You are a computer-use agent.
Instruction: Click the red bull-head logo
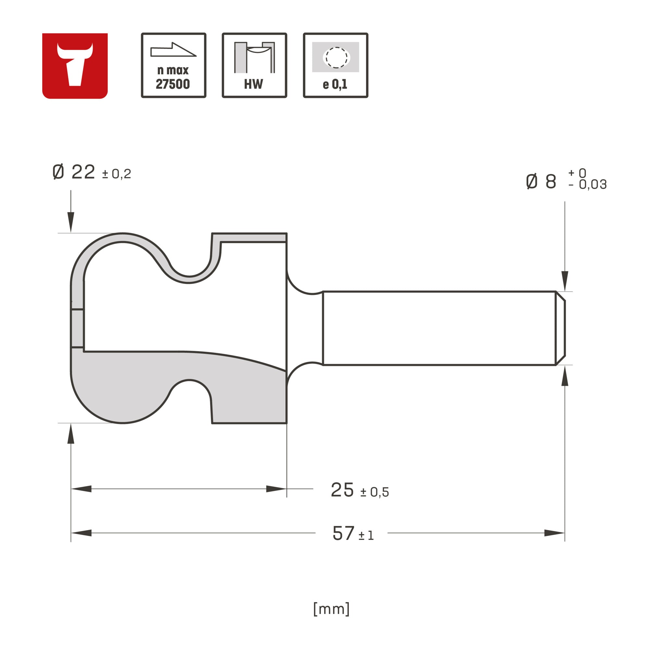pos(75,66)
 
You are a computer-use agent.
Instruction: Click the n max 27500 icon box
pos(173,65)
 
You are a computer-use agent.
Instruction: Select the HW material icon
pos(254,65)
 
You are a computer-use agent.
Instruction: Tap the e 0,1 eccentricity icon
pos(335,65)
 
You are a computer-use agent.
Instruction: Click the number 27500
pos(173,84)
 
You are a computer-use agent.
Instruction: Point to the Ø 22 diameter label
pos(74,172)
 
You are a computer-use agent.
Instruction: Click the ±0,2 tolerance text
pos(116,174)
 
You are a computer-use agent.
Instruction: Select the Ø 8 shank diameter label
pos(541,182)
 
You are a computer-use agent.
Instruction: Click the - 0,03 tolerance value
pos(588,184)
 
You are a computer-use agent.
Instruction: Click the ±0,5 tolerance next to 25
pos(374,493)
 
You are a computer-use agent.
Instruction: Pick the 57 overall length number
pos(343,533)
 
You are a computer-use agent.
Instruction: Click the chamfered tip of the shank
pos(560,328)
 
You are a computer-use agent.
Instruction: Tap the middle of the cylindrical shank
pos(438,328)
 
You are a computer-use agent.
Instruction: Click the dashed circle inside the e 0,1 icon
pos(336,57)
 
